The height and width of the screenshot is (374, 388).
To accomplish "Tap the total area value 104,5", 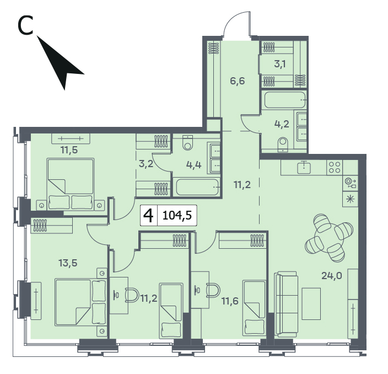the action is pyautogui.click(x=177, y=215).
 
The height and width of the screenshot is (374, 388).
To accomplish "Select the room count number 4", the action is pyautogui.click(x=148, y=216).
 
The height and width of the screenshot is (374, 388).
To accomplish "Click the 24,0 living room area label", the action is pyautogui.click(x=332, y=275).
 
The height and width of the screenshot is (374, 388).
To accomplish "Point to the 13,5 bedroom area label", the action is pyautogui.click(x=68, y=263).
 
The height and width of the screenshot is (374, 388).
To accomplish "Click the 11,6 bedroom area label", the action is pyautogui.click(x=230, y=301).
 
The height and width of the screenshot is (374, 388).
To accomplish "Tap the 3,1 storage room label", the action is pyautogui.click(x=280, y=64).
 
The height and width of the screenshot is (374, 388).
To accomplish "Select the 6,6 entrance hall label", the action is pyautogui.click(x=238, y=81).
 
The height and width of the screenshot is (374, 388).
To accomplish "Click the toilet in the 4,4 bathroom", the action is pyautogui.click(x=188, y=143).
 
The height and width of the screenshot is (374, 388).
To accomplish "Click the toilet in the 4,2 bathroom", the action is pyautogui.click(x=283, y=145).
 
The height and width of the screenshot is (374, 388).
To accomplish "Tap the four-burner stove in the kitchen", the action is pyautogui.click(x=335, y=167).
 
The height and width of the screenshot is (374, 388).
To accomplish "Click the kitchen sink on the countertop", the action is pyautogui.click(x=304, y=167).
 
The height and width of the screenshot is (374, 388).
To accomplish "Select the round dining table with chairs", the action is pyautogui.click(x=329, y=238).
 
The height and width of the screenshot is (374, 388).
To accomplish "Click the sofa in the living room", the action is pyautogui.click(x=286, y=304).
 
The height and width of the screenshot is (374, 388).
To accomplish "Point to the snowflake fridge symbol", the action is pyautogui.click(x=350, y=199).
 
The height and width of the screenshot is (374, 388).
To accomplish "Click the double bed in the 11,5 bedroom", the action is pyautogui.click(x=71, y=184).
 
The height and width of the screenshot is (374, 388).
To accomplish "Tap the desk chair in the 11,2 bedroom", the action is pyautogui.click(x=132, y=295).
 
